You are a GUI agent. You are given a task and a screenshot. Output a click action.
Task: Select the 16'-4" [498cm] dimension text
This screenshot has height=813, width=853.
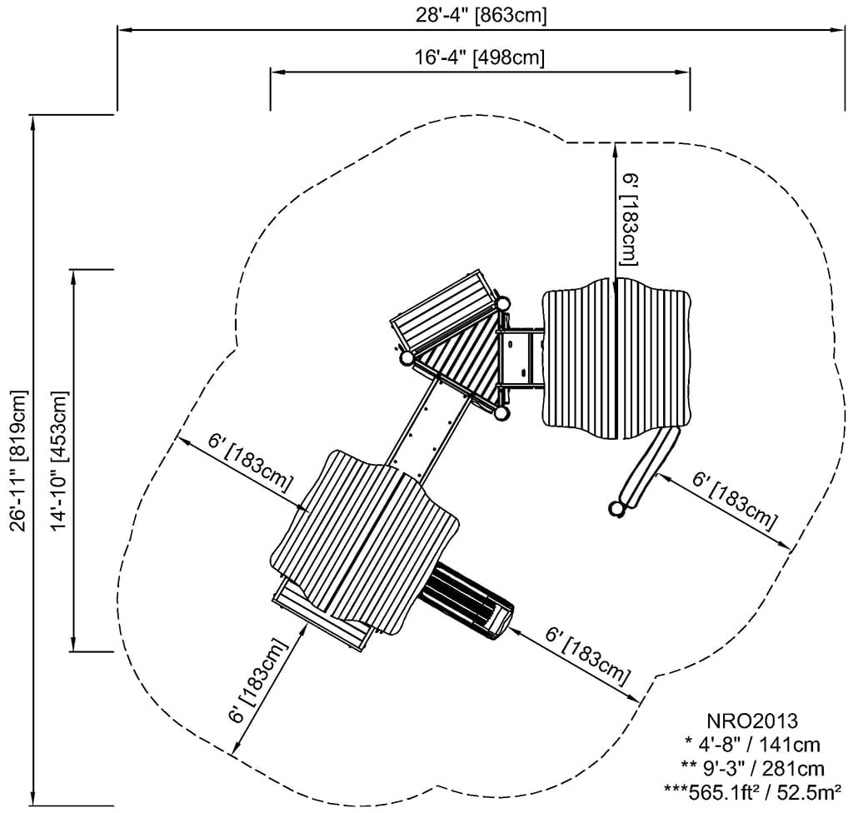481,57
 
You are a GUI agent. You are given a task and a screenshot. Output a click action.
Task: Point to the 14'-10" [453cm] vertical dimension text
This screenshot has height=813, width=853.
59,460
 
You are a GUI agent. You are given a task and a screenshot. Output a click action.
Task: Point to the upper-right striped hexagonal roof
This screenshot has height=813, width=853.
616,358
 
